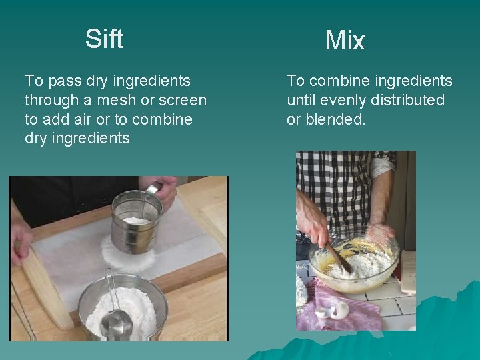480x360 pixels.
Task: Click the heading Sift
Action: point(104,39)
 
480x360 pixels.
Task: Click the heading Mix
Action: point(345,41)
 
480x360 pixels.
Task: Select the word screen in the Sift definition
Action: point(181,101)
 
